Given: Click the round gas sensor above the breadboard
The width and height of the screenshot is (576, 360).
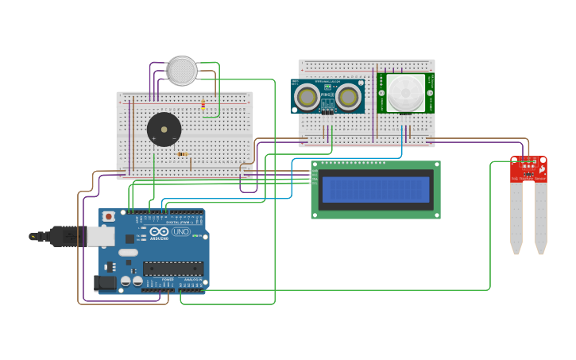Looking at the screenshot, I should [x=182, y=71].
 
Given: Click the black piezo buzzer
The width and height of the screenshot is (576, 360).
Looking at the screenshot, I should [x=164, y=130].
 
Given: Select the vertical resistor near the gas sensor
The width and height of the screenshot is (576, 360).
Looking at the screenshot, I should [x=203, y=104].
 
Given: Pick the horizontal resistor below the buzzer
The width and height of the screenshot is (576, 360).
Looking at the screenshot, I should [x=183, y=154].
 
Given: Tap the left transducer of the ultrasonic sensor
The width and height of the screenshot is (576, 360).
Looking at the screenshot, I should [x=306, y=97].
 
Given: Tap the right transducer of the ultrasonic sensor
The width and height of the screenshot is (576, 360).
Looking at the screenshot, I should [x=347, y=97].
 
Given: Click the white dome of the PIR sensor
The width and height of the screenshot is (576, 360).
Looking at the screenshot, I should [x=405, y=94].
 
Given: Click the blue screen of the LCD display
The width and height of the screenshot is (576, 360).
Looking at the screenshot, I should [x=376, y=189].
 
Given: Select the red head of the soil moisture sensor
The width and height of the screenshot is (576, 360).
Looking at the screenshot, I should [x=528, y=169].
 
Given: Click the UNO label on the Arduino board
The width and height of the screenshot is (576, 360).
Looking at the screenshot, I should [x=181, y=231].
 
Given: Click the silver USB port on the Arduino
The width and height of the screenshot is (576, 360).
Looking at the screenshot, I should [x=100, y=236].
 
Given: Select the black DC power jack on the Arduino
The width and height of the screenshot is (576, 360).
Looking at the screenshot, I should [x=103, y=282].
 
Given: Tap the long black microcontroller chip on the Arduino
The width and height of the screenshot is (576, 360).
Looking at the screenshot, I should [x=173, y=269].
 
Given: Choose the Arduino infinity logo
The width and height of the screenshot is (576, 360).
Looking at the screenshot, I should [x=158, y=232].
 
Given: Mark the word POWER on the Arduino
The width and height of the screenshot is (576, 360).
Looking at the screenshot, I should [x=168, y=280].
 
